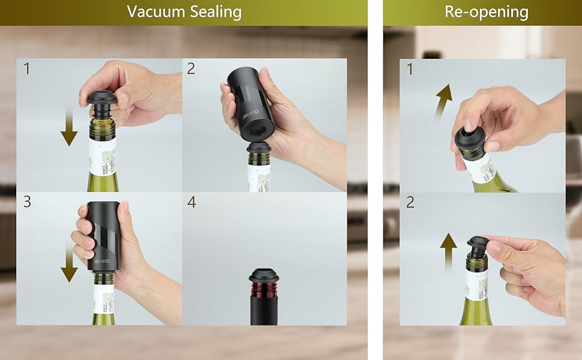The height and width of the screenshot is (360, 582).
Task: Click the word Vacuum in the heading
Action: tap(156, 11)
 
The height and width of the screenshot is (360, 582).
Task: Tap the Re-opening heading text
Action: tap(486, 11)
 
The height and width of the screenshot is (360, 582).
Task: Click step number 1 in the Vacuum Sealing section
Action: tap(26, 68)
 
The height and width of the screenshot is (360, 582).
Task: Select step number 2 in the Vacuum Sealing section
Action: tap(191, 68)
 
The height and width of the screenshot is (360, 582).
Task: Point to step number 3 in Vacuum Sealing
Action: tap(26, 202)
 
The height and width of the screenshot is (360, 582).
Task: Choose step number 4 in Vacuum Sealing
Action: tap(191, 202)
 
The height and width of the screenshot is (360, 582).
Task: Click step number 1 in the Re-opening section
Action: tap(410, 70)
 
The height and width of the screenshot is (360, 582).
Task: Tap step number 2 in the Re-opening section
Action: tap(410, 202)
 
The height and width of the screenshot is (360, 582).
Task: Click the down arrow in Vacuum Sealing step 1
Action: tap(69, 127)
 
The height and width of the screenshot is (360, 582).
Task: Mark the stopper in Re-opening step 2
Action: tap(478, 247)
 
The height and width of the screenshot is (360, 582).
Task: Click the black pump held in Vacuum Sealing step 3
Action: tap(103, 234)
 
